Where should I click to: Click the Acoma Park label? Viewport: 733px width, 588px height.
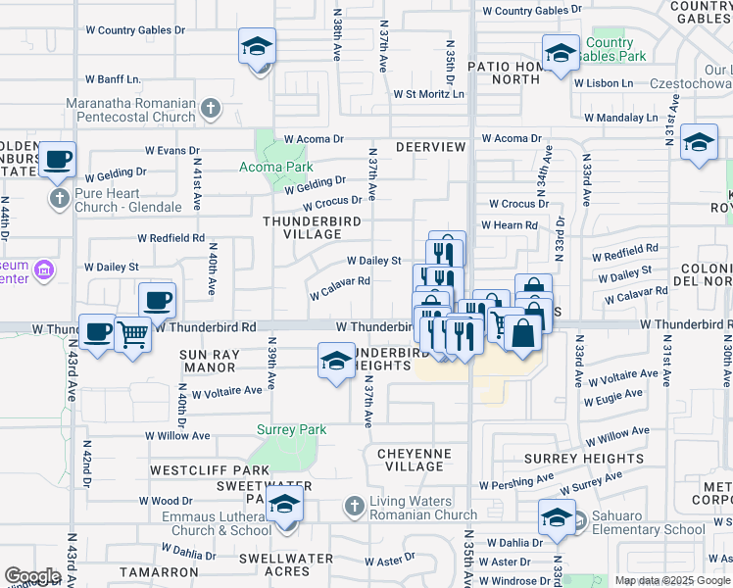[x=276, y=167]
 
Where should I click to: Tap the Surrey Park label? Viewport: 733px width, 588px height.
[x=291, y=429]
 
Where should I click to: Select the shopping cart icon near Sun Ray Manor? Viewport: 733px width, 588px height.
[x=132, y=335]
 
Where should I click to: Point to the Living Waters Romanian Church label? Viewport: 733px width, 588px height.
[x=422, y=507]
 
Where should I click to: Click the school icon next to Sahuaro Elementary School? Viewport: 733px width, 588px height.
[x=557, y=517]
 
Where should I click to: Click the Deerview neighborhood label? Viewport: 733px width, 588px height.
[x=430, y=147]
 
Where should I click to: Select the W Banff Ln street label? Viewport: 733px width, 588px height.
[x=113, y=78]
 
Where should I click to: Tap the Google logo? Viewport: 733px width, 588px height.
[x=32, y=576]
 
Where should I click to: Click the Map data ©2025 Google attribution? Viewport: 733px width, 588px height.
[x=671, y=580]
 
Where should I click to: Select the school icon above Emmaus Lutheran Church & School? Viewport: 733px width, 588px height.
[x=284, y=505]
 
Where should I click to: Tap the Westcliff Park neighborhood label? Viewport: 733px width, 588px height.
[x=189, y=471]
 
